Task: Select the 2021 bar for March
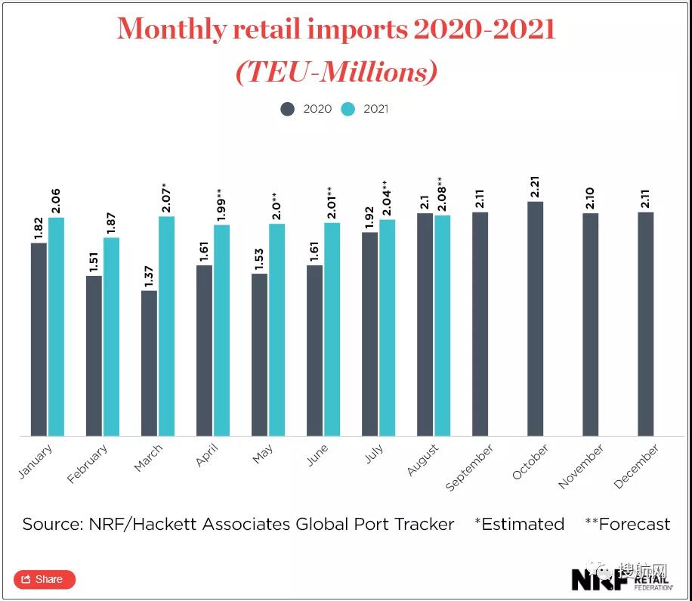tap(166, 326)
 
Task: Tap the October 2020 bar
tap(535, 318)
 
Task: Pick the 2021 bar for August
tap(442, 325)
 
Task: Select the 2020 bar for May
tap(259, 355)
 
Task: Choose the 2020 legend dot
tap(288, 109)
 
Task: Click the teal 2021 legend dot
tap(348, 109)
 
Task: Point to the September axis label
tap(470, 467)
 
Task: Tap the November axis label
tap(582, 466)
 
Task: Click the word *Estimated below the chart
tap(519, 524)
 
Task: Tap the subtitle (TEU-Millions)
tap(336, 72)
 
